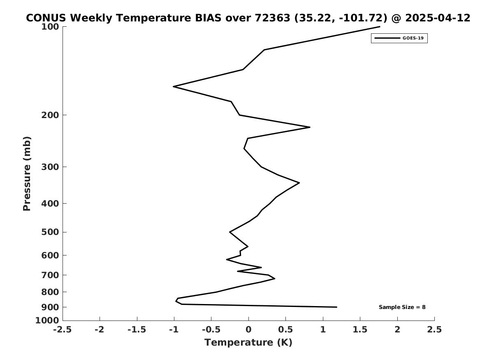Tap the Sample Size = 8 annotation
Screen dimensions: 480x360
click(402, 307)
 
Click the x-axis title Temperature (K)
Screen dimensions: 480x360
click(248, 342)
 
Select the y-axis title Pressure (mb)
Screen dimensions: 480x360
click(27, 174)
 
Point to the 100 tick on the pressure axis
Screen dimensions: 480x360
click(50, 27)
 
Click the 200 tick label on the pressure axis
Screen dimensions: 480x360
click(50, 115)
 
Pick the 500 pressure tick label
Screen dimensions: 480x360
click(50, 232)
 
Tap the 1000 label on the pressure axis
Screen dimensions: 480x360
click(47, 321)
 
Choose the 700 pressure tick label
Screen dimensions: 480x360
click(50, 275)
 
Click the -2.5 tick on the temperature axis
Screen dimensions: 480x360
click(63, 330)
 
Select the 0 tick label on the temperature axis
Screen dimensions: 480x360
click(248, 330)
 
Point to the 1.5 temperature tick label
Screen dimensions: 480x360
click(360, 330)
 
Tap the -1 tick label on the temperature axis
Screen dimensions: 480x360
click(174, 330)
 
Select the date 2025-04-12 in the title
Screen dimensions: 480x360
click(438, 18)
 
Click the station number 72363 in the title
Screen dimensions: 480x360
click(272, 18)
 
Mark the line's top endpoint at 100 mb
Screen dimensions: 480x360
click(380, 27)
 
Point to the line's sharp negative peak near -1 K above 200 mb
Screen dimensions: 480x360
click(174, 87)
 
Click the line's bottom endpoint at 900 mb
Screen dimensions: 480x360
click(337, 307)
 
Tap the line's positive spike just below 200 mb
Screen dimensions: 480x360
click(310, 127)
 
